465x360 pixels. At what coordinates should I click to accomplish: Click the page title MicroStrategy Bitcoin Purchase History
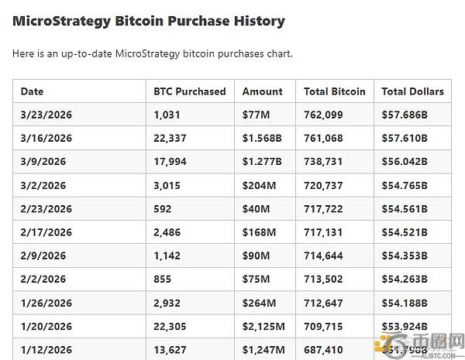(148, 21)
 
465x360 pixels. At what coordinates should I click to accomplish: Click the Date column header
(33, 91)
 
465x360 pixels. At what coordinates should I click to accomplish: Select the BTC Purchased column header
(190, 91)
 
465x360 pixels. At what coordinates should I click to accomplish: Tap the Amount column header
(262, 91)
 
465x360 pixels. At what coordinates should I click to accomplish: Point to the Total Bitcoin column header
(335, 91)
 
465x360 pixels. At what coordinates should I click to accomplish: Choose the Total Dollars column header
(412, 91)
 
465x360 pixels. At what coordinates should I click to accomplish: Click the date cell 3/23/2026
(46, 115)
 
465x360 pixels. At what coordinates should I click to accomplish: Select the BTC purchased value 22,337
(171, 139)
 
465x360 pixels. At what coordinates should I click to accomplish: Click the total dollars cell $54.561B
(405, 209)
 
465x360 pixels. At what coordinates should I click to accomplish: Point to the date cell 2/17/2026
(46, 232)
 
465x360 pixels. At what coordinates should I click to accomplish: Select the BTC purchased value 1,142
(167, 256)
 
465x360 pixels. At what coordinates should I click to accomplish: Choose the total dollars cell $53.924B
(405, 327)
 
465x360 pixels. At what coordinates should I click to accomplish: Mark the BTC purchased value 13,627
(171, 350)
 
